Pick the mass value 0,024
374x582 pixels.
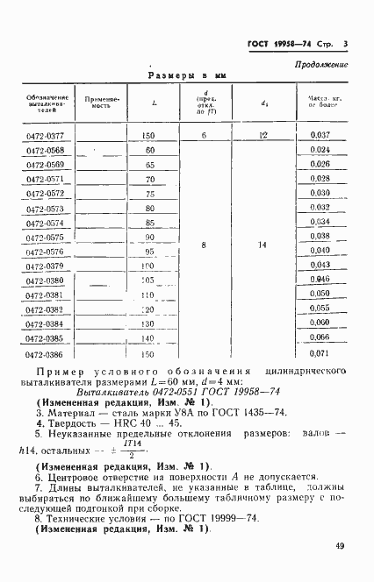click(320, 150)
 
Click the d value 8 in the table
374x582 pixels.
click(204, 246)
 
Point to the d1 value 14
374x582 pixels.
click(264, 246)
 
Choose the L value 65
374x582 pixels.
click(150, 165)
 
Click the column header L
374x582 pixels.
click(155, 103)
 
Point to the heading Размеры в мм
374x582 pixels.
click(186, 76)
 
